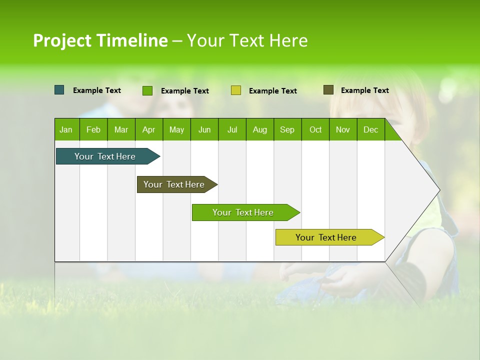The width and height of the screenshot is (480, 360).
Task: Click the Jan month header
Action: (x=66, y=129)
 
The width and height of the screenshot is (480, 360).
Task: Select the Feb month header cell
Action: (x=93, y=129)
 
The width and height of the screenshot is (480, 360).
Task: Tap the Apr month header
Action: (x=148, y=129)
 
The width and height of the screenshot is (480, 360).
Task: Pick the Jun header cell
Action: (x=204, y=129)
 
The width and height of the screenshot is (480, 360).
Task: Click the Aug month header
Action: (x=259, y=129)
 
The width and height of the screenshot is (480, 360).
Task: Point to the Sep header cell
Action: (x=287, y=129)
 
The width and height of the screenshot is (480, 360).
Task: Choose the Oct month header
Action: (x=315, y=129)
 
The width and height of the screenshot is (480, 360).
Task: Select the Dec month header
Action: (x=370, y=129)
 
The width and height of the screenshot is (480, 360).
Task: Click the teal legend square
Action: (x=59, y=90)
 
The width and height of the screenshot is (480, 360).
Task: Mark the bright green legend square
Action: (x=147, y=90)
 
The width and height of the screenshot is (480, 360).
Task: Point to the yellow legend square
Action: (x=236, y=90)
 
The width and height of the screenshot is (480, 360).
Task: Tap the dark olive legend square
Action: (x=328, y=90)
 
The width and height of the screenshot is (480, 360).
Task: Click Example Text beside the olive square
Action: (x=364, y=90)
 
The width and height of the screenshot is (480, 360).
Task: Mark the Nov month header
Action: (x=342, y=129)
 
